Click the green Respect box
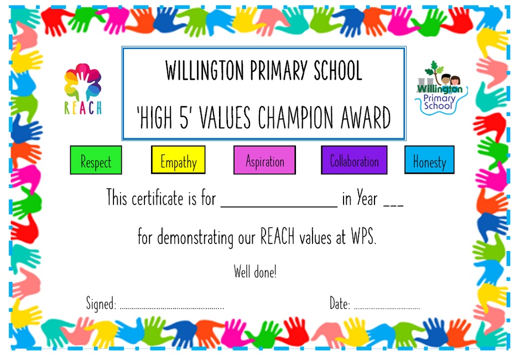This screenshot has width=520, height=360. click(x=96, y=160)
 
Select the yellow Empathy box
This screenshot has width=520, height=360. click(x=178, y=160)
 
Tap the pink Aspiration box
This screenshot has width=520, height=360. click(x=264, y=160)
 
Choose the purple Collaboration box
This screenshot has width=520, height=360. click(x=354, y=160)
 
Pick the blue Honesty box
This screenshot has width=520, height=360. click(x=429, y=160)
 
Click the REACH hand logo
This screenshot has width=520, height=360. click(x=83, y=89)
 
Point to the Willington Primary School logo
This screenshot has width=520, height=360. click(x=440, y=88)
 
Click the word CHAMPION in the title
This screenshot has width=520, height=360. click(x=295, y=118)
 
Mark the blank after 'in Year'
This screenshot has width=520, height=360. click(x=393, y=206)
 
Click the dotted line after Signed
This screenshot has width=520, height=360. click(x=172, y=308)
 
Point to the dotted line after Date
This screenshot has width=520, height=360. click(x=387, y=308)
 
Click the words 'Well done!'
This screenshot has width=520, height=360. click(x=255, y=272)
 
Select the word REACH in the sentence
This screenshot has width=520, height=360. click(x=277, y=236)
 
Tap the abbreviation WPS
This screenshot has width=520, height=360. click(x=363, y=236)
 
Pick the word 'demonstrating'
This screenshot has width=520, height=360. click(x=195, y=238)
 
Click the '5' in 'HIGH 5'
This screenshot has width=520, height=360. click(x=184, y=118)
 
